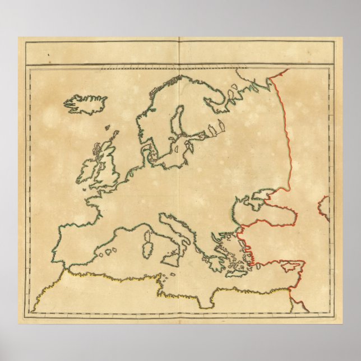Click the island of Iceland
(x=85, y=103)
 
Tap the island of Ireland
(x=90, y=170)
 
